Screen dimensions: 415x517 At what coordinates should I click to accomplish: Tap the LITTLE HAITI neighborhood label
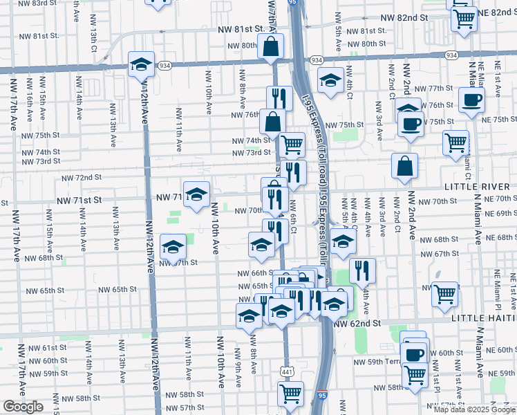tap(482, 319)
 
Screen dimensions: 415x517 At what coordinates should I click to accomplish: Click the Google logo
tap(23, 407)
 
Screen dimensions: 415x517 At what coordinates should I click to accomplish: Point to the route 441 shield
tap(286, 372)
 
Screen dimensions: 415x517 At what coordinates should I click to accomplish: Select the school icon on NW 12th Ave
tap(141, 64)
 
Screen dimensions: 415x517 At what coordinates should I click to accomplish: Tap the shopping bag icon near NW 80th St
tap(271, 46)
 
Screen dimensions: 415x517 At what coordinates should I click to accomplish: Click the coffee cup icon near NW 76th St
tap(472, 99)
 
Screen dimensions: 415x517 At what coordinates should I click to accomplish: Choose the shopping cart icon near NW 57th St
tap(290, 394)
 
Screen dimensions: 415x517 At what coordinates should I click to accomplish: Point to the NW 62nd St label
tap(357, 323)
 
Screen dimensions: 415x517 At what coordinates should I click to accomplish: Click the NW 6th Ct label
tap(294, 214)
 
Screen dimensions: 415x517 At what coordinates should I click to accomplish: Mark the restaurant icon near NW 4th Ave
tap(362, 270)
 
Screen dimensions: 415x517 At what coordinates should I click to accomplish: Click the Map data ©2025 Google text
tap(473, 408)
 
